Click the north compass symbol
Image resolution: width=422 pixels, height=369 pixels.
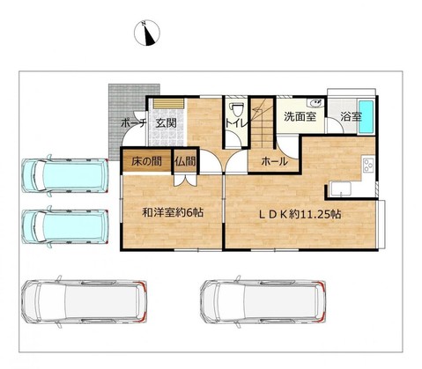tap(147, 33)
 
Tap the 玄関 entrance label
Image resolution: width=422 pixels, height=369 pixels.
tap(167, 123)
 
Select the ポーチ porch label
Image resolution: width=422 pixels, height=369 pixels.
tap(134, 123)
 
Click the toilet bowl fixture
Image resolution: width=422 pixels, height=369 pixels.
tap(237, 110)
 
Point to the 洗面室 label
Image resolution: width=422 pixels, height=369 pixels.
tap(300, 116)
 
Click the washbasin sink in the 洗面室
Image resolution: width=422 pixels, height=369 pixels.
tap(315, 103)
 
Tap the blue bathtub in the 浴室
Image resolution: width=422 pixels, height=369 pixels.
tap(366, 116)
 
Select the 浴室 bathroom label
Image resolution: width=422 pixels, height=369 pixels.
tap(351, 117)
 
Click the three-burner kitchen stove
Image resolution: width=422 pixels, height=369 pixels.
tap(368, 165)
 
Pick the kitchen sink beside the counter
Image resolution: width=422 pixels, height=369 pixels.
tap(340, 189)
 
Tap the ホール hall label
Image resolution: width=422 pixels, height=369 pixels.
tap(274, 161)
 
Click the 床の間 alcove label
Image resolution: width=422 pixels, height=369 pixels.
tap(146, 161)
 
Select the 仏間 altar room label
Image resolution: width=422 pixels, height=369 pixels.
tap(185, 161)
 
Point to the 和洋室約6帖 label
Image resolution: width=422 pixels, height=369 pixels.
tap(173, 212)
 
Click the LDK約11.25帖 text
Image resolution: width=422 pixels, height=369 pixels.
tap(300, 214)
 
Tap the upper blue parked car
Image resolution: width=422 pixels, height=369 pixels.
tap(65, 175)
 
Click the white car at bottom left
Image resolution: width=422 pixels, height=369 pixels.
tap(85, 301)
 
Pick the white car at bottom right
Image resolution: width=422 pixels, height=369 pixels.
tap(263, 301)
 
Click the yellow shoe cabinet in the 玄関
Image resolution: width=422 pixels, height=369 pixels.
tap(168, 103)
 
